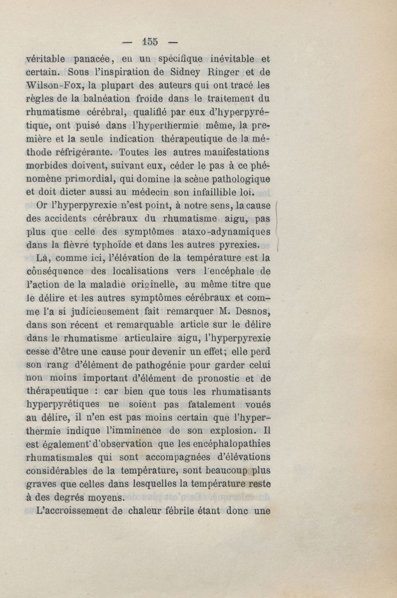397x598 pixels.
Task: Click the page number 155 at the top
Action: [x=149, y=42]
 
